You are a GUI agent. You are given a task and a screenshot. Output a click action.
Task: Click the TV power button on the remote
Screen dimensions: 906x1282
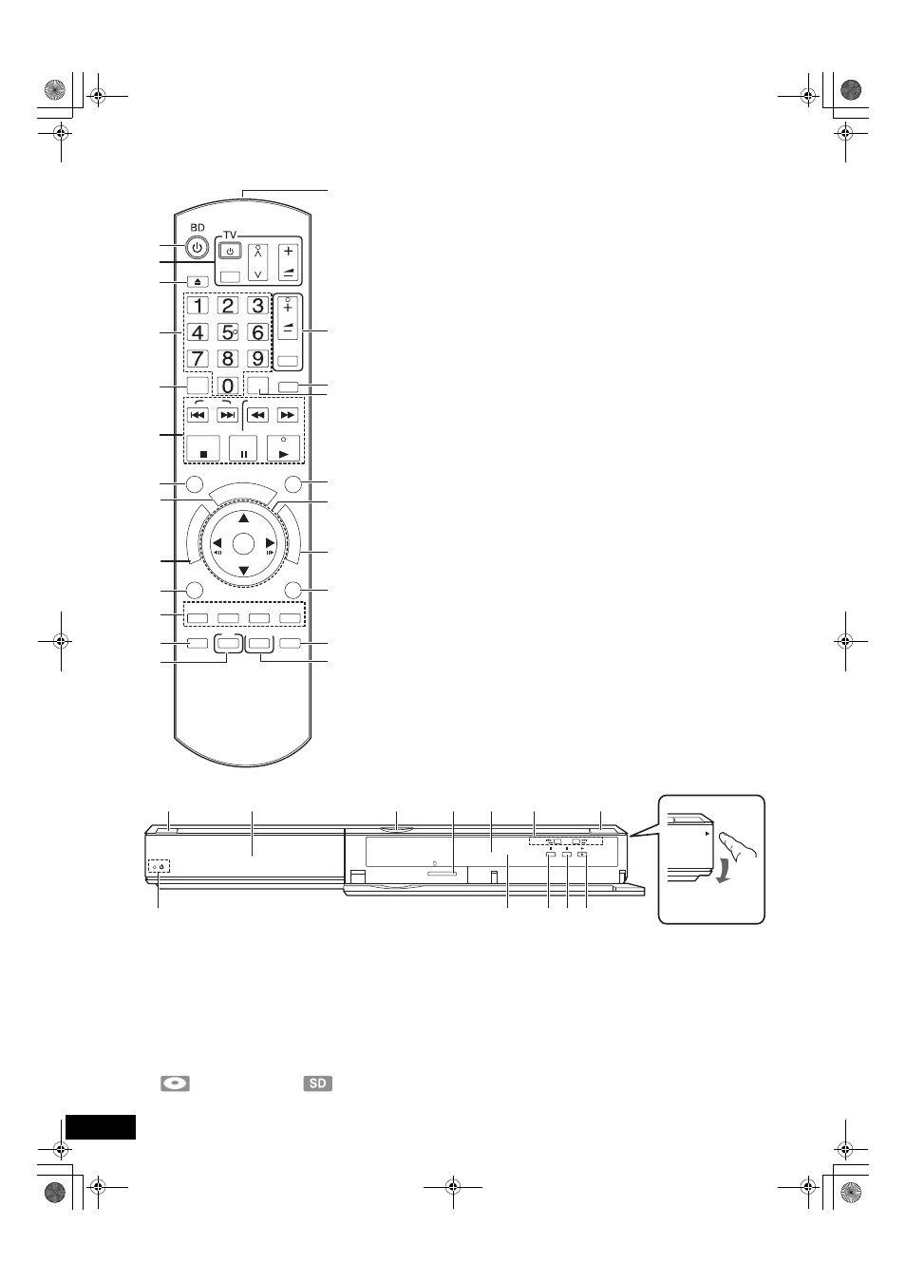(x=230, y=252)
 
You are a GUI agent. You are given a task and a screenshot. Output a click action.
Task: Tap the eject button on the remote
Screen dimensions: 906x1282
(x=198, y=282)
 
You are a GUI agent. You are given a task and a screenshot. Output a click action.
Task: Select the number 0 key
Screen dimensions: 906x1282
(x=228, y=386)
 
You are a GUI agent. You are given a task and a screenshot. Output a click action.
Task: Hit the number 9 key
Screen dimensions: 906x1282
(x=257, y=358)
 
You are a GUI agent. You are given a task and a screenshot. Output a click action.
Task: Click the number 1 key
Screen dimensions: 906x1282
(x=198, y=306)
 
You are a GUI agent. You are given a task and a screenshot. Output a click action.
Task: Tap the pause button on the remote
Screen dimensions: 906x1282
(x=244, y=447)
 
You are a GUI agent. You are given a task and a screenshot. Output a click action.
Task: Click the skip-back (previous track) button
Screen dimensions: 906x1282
(x=198, y=415)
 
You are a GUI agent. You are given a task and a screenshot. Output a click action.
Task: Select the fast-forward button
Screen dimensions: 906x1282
(x=288, y=415)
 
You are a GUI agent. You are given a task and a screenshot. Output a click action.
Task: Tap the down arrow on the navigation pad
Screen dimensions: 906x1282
(x=244, y=571)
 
